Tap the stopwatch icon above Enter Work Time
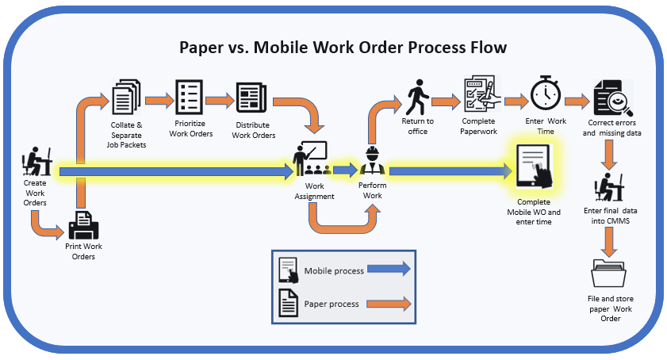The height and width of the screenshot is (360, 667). click(546, 94)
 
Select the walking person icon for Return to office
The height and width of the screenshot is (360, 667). click(417, 97)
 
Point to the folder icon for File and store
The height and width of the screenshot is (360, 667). click(608, 273)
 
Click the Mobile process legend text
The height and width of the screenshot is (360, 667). click(334, 271)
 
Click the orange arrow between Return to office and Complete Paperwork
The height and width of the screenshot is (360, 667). click(447, 101)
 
